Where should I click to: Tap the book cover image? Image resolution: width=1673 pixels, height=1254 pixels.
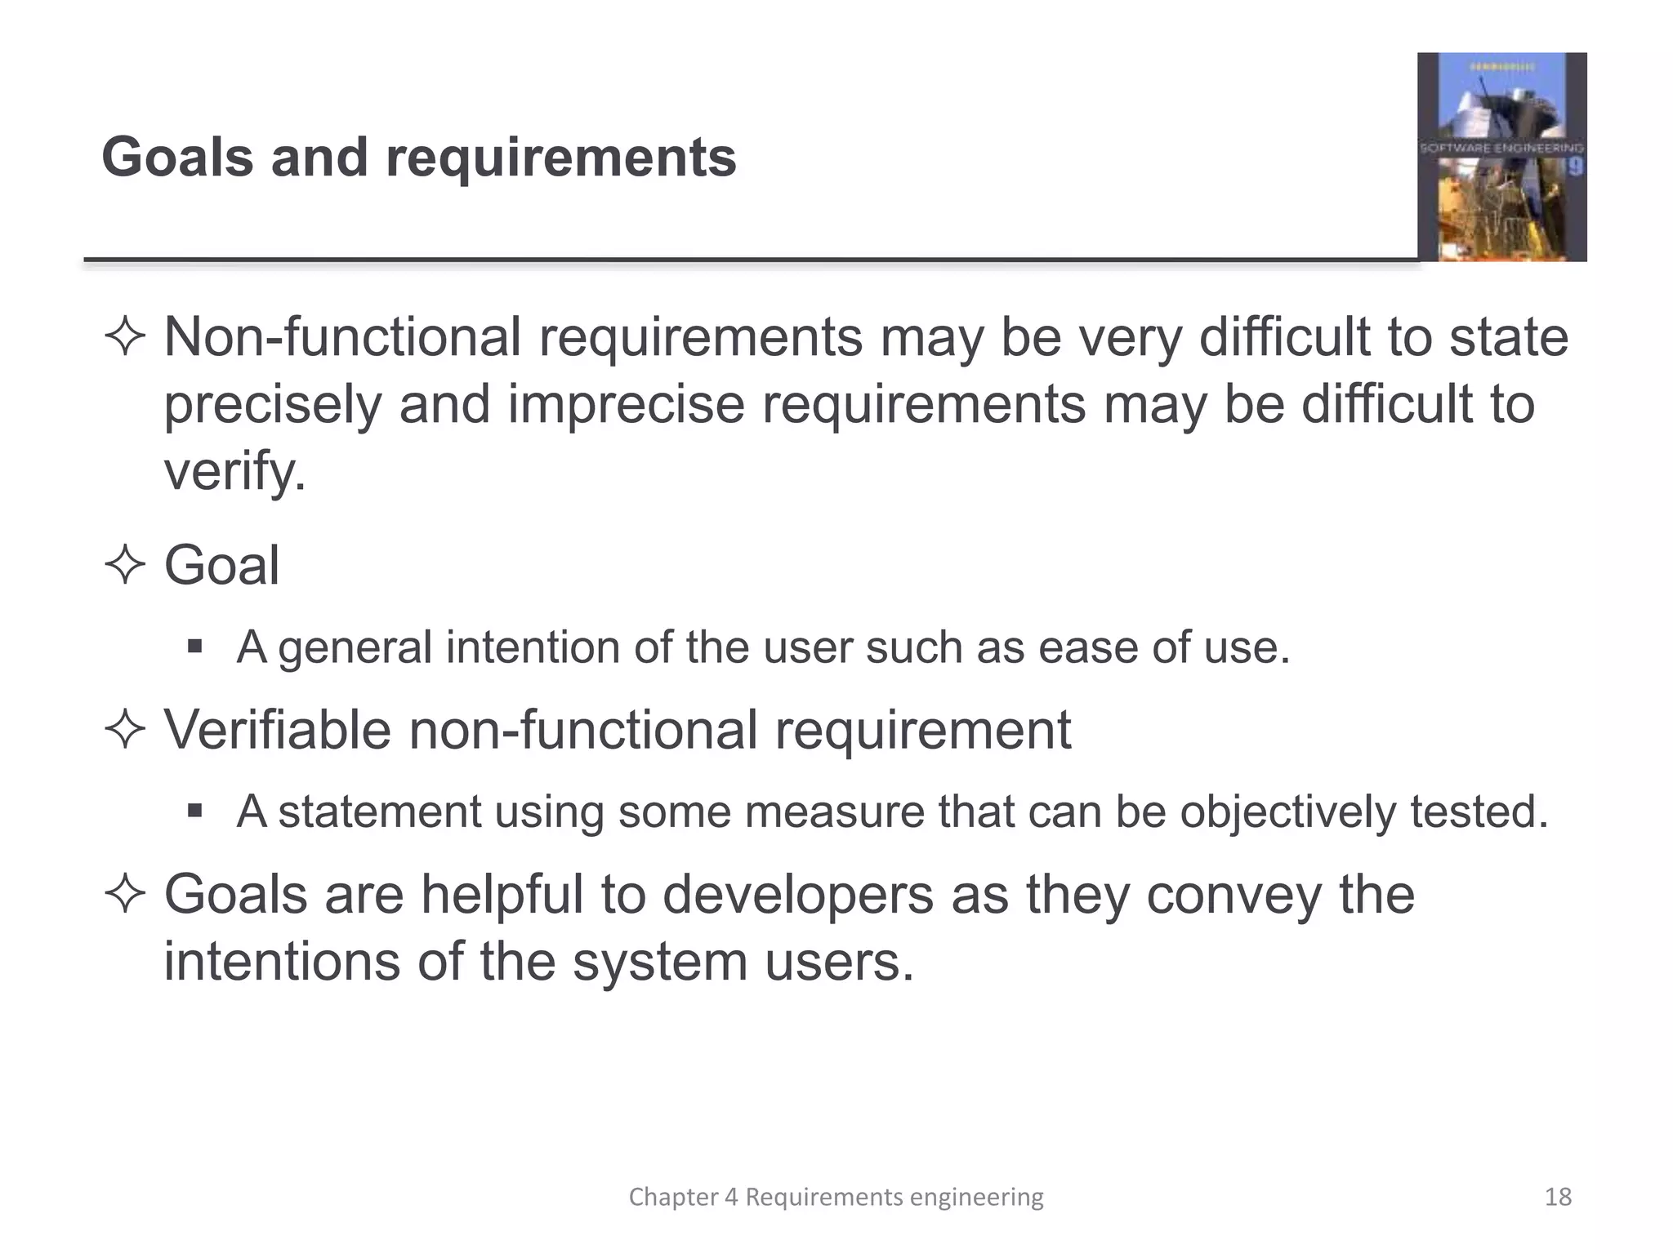(1501, 157)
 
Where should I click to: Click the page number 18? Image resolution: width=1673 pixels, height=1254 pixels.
(1558, 1197)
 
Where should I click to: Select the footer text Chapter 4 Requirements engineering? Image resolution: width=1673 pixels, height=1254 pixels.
(836, 1197)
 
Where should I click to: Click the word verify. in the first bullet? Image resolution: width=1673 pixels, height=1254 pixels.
(234, 472)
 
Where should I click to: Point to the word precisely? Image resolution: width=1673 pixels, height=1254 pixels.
(272, 405)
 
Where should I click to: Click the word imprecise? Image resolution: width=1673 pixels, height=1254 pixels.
(626, 405)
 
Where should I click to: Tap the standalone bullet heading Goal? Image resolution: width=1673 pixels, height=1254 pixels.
(221, 565)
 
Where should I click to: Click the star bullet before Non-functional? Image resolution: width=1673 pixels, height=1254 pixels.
(125, 337)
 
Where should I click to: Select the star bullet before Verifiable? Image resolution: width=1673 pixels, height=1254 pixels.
(125, 729)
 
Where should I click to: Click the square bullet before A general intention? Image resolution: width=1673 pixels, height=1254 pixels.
(194, 647)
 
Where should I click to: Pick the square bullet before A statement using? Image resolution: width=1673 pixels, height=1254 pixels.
(194, 811)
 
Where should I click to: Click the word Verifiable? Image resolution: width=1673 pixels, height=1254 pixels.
(278, 729)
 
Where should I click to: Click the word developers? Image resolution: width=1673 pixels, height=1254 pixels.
(797, 896)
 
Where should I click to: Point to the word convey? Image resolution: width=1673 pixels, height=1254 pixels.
(1234, 896)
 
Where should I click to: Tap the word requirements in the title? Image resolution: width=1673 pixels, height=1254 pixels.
(561, 158)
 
